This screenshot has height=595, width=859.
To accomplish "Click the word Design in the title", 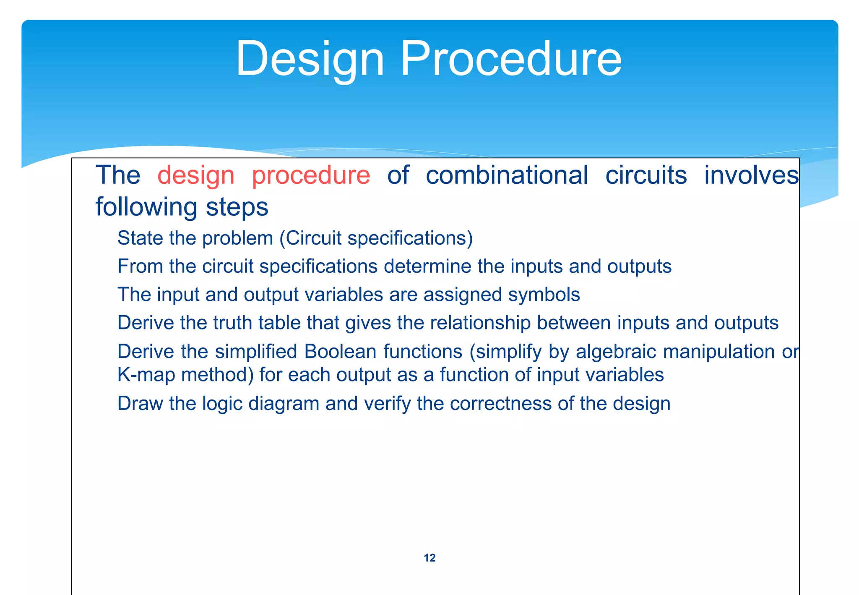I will (x=310, y=59).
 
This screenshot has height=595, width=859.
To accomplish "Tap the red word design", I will (x=196, y=175).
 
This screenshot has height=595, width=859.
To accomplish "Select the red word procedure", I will (x=311, y=175).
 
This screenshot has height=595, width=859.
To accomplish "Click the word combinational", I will (x=507, y=175).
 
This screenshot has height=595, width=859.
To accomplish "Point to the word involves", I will (x=751, y=175).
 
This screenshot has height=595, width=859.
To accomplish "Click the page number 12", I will (x=429, y=558).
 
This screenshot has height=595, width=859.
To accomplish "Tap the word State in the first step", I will (x=140, y=238).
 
